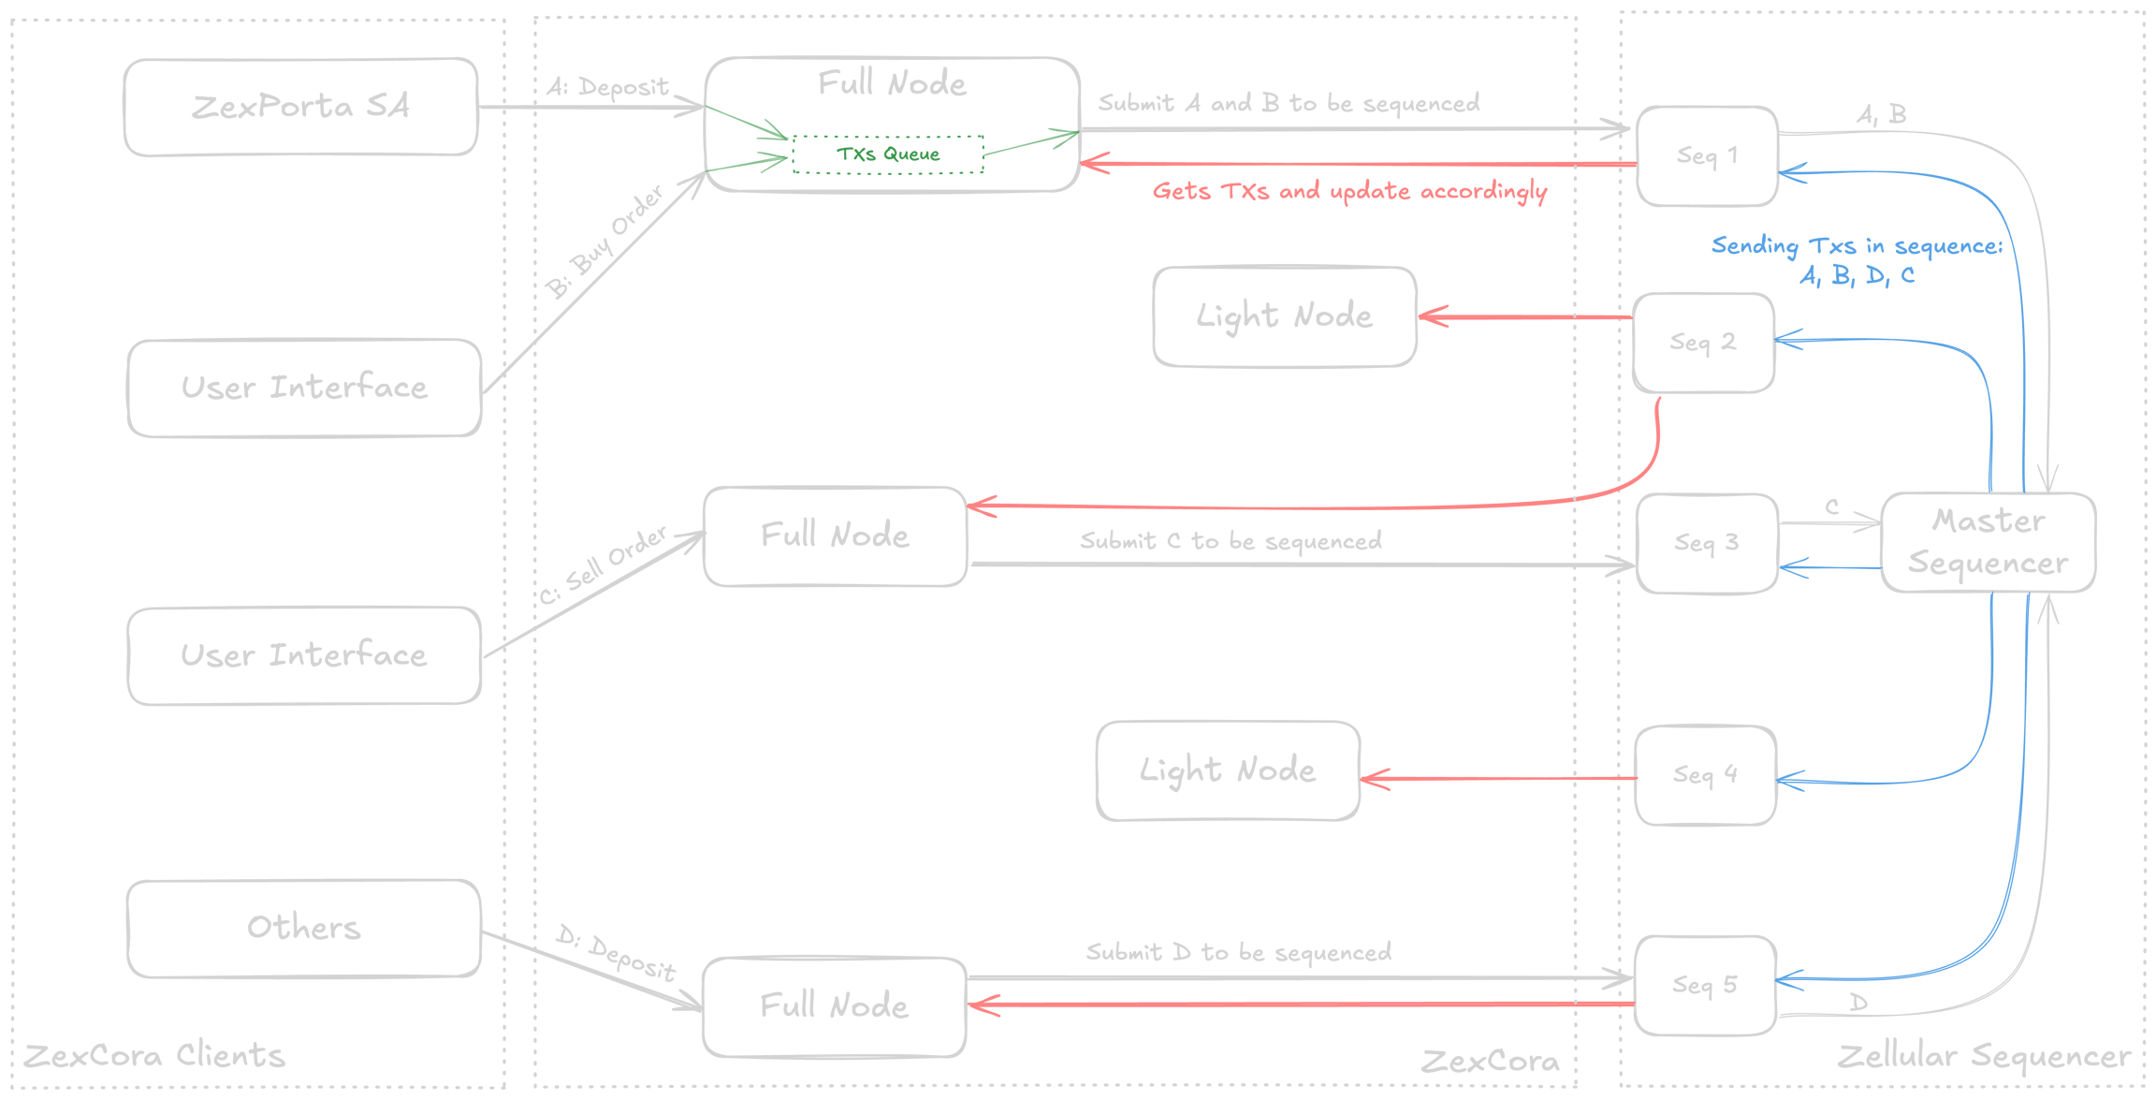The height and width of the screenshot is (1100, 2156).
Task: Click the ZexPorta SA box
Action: pos(300,107)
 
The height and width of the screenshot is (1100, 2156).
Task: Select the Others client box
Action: pos(304,928)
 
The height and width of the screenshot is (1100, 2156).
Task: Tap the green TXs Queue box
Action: pos(888,154)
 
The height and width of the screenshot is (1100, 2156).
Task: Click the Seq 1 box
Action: pos(1707,155)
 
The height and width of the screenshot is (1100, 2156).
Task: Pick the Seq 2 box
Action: pos(1703,343)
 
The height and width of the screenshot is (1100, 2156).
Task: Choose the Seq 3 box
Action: pos(1706,543)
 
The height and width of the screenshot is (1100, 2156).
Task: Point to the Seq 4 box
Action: pos(1705,775)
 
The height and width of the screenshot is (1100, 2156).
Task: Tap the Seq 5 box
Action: pos(1704,985)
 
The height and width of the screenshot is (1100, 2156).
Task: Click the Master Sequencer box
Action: pos(1988,542)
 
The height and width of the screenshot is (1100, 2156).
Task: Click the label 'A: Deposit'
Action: pos(608,87)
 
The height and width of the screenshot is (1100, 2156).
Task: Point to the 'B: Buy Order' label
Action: pos(606,242)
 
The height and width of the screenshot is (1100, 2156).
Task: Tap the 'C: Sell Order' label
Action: pos(605,565)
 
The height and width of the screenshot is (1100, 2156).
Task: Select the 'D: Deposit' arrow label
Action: pos(616,953)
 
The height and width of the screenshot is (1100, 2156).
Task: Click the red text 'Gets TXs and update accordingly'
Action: pos(1349,191)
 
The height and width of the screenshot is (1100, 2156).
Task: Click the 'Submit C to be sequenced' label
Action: pos(1231,541)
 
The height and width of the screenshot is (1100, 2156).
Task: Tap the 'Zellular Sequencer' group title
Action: pos(1983,1056)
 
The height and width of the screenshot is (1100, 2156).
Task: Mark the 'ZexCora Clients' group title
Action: pos(154,1056)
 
